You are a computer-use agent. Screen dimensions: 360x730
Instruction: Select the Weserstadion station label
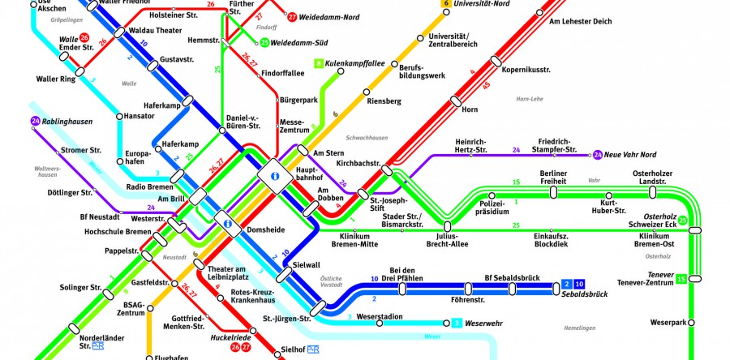pos(380,315)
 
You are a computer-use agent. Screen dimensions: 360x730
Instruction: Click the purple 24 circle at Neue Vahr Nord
pos(598,154)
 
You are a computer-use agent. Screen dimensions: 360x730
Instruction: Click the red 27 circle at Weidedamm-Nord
pos(291,15)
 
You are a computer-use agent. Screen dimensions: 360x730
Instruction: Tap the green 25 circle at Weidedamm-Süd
pos(264,42)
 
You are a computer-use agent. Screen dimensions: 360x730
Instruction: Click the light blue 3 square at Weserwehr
pos(457,324)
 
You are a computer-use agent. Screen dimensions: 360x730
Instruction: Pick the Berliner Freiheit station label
pos(553,178)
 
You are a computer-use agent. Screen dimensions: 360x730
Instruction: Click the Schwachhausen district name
pos(368,139)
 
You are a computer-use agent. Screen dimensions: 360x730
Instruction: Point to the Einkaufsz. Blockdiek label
pos(555,241)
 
